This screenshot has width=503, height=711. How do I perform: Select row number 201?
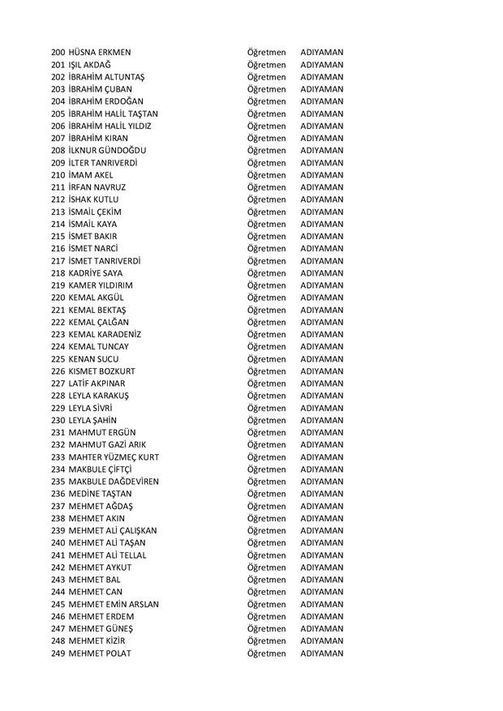pyautogui.click(x=58, y=64)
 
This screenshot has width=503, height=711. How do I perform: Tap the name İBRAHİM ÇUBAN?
pyautogui.click(x=101, y=89)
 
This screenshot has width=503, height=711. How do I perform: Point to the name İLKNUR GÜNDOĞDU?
pyautogui.click(x=108, y=150)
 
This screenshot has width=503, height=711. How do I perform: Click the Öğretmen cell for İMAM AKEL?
pyautogui.click(x=267, y=175)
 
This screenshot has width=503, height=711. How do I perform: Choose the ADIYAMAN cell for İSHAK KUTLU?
pyautogui.click(x=321, y=199)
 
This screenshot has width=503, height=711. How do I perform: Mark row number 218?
pyautogui.click(x=58, y=273)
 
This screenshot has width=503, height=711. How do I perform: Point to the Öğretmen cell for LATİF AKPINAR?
pyautogui.click(x=267, y=383)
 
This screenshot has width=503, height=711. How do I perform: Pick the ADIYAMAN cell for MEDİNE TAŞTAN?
pyautogui.click(x=321, y=494)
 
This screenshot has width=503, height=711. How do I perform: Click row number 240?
pyautogui.click(x=58, y=543)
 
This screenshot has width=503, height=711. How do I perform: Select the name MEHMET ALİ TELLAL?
pyautogui.click(x=106, y=555)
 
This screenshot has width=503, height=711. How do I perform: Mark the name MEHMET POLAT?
pyautogui.click(x=100, y=653)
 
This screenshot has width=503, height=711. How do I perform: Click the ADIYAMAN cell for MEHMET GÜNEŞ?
pyautogui.click(x=321, y=629)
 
